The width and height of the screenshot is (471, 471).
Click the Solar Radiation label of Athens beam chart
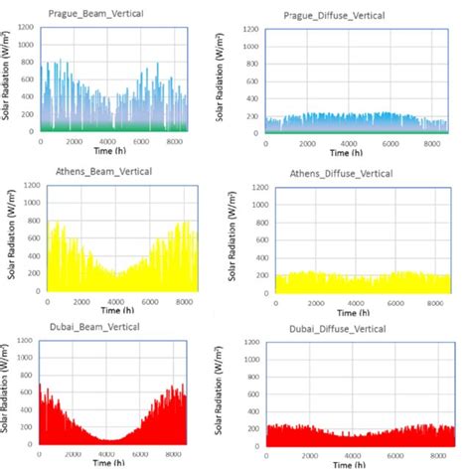9,238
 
